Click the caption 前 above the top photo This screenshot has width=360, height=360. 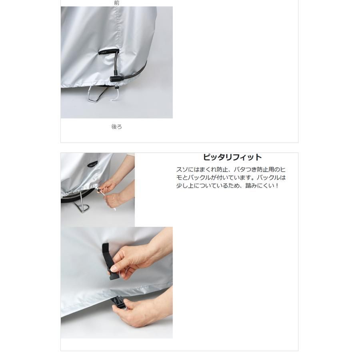117,3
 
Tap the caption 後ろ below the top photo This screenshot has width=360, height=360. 117,127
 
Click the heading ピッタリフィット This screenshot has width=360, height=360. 232,157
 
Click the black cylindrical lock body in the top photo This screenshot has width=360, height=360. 114,79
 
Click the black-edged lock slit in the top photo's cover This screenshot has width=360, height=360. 108,52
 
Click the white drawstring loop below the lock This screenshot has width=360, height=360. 116,94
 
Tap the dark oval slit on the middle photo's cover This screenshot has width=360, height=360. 92,164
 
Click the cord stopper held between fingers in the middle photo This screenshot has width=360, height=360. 100,190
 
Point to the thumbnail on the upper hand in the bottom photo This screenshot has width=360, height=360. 114,268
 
